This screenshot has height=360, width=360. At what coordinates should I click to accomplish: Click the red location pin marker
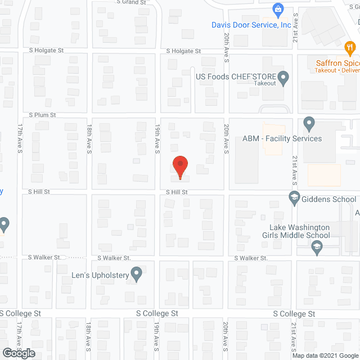179,167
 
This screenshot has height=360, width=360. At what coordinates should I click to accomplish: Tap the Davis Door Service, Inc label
251,25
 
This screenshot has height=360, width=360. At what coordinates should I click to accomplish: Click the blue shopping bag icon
277,9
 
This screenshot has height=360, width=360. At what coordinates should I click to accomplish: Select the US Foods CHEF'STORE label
236,76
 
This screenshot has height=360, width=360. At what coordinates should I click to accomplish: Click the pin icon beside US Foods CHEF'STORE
283,77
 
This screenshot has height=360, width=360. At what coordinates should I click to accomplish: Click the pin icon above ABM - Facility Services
308,123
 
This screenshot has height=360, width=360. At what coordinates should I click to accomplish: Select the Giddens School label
329,199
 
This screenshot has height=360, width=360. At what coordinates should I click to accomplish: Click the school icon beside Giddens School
294,198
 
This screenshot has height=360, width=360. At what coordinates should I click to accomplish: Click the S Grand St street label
131,2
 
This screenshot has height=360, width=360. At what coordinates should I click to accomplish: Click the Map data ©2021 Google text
325,355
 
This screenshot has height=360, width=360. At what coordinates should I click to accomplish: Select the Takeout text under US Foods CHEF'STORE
264,83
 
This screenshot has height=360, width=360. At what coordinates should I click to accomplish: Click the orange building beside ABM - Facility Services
325,175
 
